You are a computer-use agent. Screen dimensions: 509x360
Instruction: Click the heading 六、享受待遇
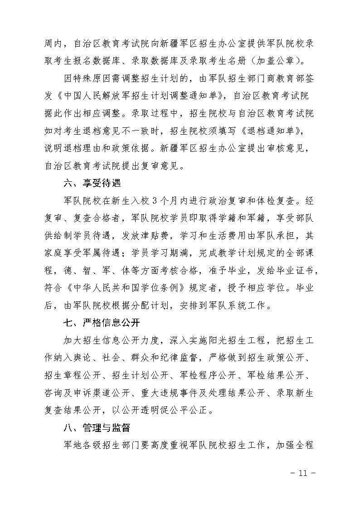coord(92,184)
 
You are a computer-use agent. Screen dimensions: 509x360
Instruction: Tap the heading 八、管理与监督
coord(97,428)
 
